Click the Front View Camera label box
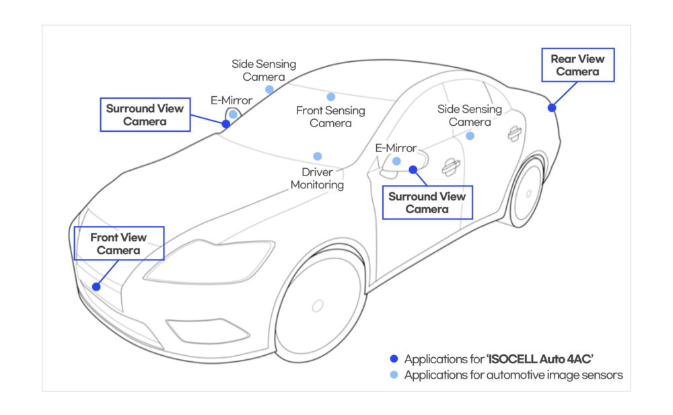(x=118, y=243)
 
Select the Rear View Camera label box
(x=577, y=65)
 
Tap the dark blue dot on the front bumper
(x=96, y=287)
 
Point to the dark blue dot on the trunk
(x=552, y=108)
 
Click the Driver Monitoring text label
(x=317, y=178)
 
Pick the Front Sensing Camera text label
(x=330, y=116)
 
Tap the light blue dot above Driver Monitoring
(x=318, y=156)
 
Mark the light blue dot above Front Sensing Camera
(x=330, y=97)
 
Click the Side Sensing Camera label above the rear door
(x=469, y=115)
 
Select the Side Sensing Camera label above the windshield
(x=264, y=70)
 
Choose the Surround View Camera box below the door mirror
(x=427, y=202)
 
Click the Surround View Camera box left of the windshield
(x=145, y=115)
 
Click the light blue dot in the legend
(x=394, y=375)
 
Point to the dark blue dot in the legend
(x=394, y=359)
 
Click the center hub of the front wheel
(x=318, y=305)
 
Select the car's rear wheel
(x=527, y=192)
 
